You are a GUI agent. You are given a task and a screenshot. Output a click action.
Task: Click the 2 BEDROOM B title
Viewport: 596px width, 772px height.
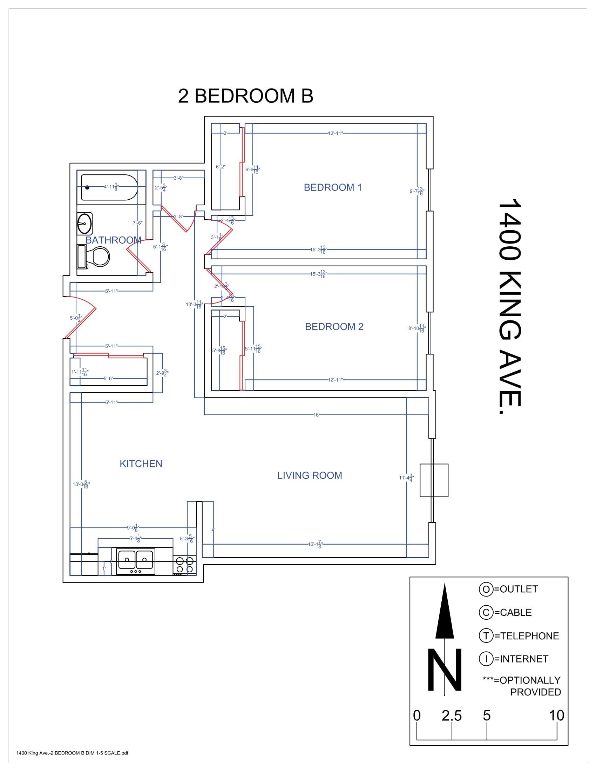245,96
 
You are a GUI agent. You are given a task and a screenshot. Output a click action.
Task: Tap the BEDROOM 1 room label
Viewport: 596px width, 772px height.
333,187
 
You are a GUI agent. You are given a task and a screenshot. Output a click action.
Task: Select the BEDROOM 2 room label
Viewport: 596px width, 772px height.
334,327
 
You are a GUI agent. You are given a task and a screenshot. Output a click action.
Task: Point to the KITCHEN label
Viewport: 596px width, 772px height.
141,464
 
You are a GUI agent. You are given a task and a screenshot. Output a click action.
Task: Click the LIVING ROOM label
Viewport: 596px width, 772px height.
309,475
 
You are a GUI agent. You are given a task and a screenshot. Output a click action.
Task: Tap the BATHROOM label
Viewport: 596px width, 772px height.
113,240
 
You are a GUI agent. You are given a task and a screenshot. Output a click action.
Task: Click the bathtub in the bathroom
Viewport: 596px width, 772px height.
109,187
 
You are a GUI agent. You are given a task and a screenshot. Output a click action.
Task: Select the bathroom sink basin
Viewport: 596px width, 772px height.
85,224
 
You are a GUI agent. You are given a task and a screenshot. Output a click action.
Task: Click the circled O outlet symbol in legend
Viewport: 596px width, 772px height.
486,589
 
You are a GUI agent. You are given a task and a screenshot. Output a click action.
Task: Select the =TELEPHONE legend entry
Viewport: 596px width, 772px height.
527,636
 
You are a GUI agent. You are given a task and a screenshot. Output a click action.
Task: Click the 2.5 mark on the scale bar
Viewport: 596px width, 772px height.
452,716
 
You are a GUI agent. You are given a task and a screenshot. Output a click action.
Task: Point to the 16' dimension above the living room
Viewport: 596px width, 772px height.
316,415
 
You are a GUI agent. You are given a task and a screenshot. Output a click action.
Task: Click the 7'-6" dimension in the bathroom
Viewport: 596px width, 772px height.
137,223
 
